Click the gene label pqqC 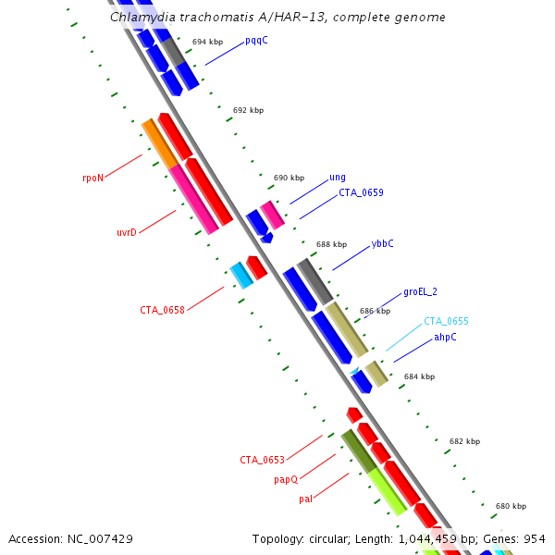256,42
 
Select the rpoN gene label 92,179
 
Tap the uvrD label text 127,232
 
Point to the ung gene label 338,178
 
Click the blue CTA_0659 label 361,193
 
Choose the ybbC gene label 382,244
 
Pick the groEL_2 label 420,292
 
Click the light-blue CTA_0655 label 446,322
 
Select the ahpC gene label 445,338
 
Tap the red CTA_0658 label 162,310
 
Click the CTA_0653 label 262,460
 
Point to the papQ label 286,480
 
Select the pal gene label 305,499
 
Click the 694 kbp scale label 207,43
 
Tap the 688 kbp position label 331,245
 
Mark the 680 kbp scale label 511,507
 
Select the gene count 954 535,538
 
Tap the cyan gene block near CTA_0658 241,275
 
